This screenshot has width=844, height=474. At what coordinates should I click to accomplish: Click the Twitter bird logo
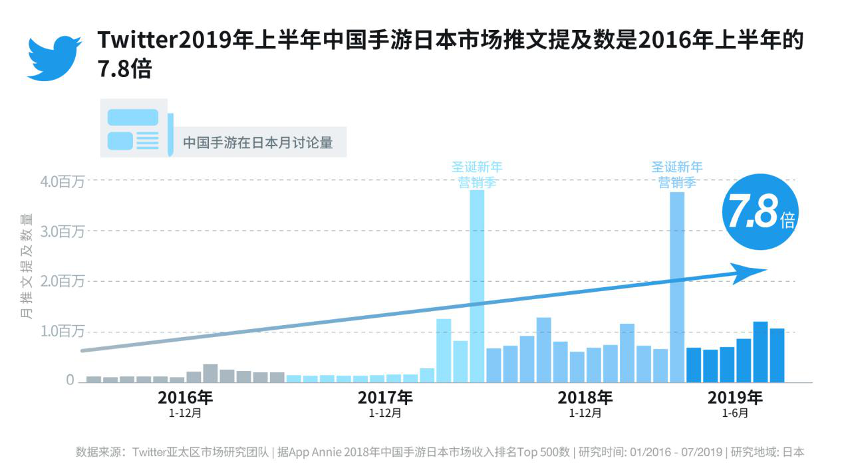[54, 59]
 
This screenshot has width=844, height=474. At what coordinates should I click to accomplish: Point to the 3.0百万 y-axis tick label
[62, 232]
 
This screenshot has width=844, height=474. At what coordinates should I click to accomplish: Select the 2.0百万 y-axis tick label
[62, 282]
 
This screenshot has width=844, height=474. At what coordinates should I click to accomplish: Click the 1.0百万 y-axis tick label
[62, 332]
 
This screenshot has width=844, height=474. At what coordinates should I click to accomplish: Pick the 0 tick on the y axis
[69, 380]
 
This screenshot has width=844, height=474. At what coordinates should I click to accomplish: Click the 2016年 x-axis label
[186, 398]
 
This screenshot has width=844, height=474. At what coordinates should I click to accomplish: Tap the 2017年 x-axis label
[385, 398]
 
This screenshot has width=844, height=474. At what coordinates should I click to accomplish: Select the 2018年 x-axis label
[585, 398]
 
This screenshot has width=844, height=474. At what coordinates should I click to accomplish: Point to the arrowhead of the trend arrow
[748, 273]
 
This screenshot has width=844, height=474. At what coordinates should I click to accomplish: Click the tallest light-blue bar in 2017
[477, 286]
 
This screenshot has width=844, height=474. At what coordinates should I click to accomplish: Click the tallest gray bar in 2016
[210, 373]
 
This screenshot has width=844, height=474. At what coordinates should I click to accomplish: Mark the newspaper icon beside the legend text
[136, 128]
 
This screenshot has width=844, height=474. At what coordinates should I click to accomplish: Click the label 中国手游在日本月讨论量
[257, 142]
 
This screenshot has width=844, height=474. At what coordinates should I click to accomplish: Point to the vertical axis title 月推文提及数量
[26, 266]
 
